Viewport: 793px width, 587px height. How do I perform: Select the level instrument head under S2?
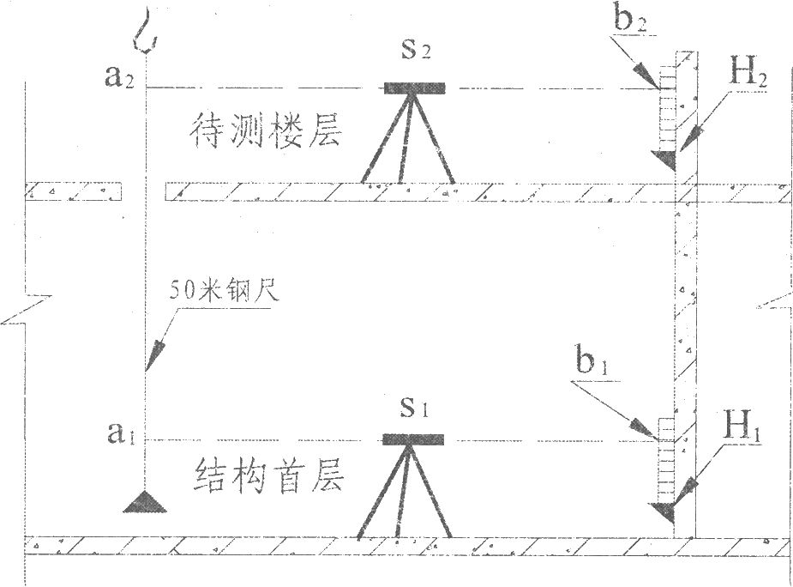pyautogui.click(x=414, y=88)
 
